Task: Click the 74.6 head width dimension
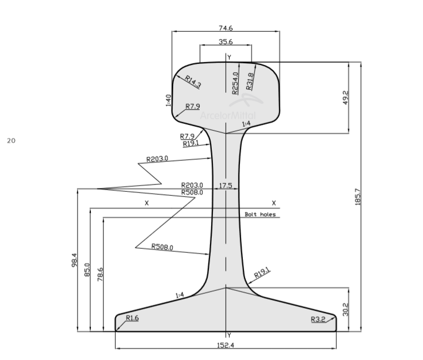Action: [226, 28]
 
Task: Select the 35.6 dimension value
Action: [226, 42]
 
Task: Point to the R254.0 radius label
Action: [235, 82]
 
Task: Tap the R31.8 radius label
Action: [250, 81]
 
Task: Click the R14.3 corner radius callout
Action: [193, 82]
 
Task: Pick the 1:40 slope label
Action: [168, 101]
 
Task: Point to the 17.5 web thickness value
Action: [226, 185]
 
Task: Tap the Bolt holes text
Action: [260, 214]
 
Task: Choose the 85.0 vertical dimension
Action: [87, 270]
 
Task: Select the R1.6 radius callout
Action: [132, 318]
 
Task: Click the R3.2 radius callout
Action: [318, 319]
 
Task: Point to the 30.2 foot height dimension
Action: [345, 309]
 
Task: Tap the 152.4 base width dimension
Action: [226, 345]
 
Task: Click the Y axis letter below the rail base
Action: [228, 335]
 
